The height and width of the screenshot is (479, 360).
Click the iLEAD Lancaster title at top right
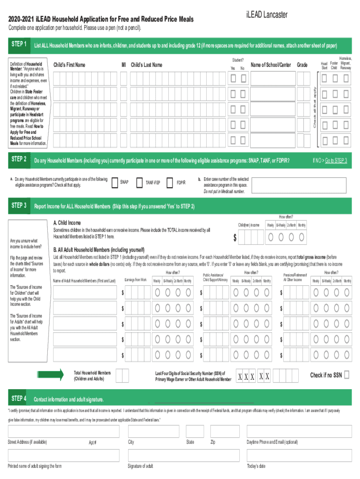[266, 15]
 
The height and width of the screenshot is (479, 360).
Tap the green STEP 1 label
[18, 44]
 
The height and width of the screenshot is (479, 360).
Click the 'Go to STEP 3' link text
[336, 161]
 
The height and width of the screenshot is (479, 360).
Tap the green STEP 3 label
[18, 206]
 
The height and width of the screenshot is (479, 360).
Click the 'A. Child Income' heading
[67, 223]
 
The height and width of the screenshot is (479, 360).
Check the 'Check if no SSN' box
[347, 375]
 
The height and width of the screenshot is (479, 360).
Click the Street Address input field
[63, 431]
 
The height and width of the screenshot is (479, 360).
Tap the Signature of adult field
[183, 456]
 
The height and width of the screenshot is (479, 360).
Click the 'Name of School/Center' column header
[271, 65]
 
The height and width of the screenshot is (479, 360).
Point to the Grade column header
[302, 65]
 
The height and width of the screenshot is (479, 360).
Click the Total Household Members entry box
[122, 375]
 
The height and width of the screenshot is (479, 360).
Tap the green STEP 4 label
[18, 399]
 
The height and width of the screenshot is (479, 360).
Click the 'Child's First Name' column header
[70, 65]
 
